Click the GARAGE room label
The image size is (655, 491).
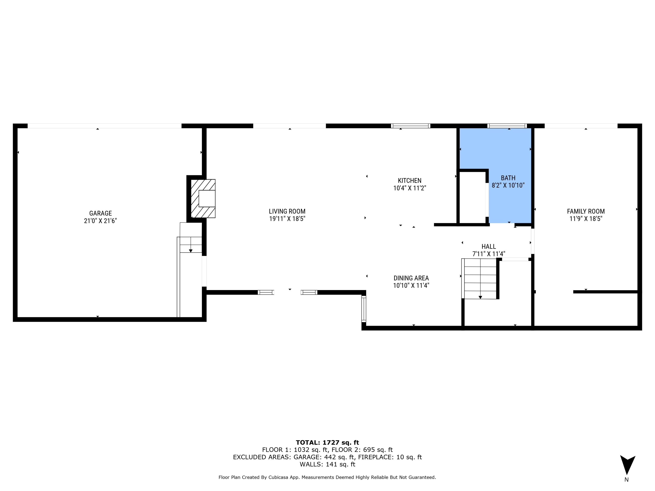(x=100, y=213)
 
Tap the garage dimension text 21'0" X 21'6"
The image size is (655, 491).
(x=100, y=221)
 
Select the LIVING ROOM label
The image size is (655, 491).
(x=287, y=211)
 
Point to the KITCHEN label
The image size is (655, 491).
(x=410, y=180)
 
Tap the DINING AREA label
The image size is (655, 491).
(x=411, y=278)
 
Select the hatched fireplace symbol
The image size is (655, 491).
(x=203, y=199)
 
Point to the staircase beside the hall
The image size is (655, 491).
(x=480, y=278)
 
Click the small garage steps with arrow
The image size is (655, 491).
(x=191, y=244)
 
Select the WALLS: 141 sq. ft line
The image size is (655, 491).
(x=327, y=464)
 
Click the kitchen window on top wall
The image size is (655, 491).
(x=410, y=126)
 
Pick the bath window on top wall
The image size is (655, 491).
(x=507, y=126)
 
